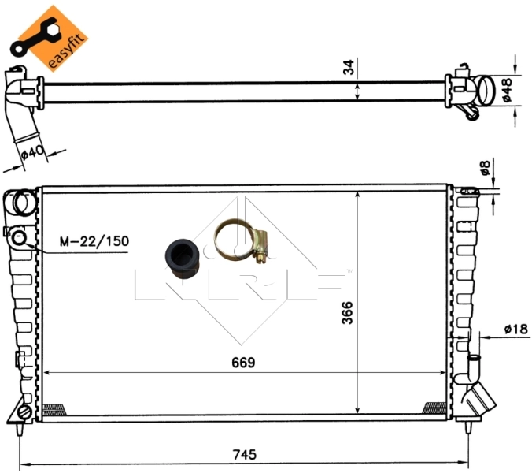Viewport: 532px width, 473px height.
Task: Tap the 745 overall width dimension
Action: (x=245, y=455)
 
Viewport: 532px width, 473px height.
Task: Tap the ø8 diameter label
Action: (x=486, y=167)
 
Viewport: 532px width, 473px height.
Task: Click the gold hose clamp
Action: (x=242, y=240)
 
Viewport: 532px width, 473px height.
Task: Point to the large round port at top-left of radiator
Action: (x=23, y=203)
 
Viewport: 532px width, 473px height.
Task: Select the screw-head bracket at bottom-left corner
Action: (x=24, y=412)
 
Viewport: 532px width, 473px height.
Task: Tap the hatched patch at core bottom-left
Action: (x=54, y=408)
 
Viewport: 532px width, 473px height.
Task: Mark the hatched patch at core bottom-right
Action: (x=434, y=408)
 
